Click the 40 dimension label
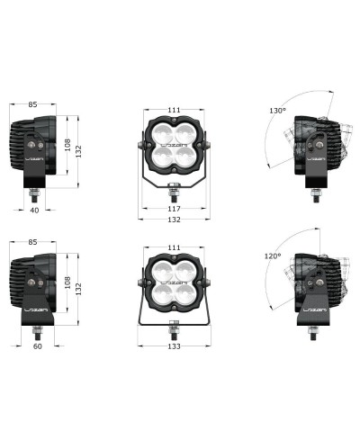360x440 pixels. (x=34, y=211)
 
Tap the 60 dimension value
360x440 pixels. (x=38, y=346)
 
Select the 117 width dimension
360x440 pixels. (x=174, y=209)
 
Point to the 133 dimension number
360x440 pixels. (x=174, y=346)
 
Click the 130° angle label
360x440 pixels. (x=277, y=111)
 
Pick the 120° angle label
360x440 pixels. (x=273, y=256)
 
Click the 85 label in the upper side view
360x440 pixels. (x=32, y=104)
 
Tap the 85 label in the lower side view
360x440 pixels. (x=32, y=242)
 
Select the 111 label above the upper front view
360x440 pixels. (x=174, y=110)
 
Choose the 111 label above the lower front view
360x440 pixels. (x=174, y=247)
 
